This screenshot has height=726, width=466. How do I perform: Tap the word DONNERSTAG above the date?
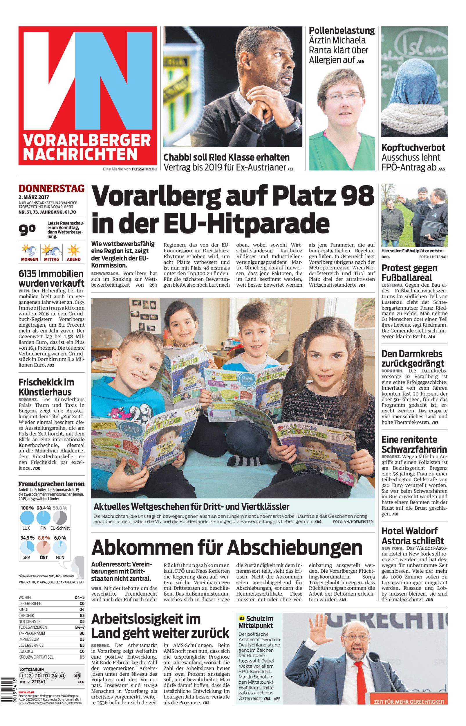[x=51, y=188]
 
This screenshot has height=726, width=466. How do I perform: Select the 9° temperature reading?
[x=27, y=230]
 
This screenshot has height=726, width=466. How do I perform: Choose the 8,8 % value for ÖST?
[x=44, y=538]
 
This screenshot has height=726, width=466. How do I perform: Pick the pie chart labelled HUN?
[x=60, y=548]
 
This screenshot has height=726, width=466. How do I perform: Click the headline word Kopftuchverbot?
[x=413, y=148]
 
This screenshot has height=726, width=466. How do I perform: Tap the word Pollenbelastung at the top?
[x=342, y=30]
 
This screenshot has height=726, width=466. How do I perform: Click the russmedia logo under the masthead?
[x=144, y=169]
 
